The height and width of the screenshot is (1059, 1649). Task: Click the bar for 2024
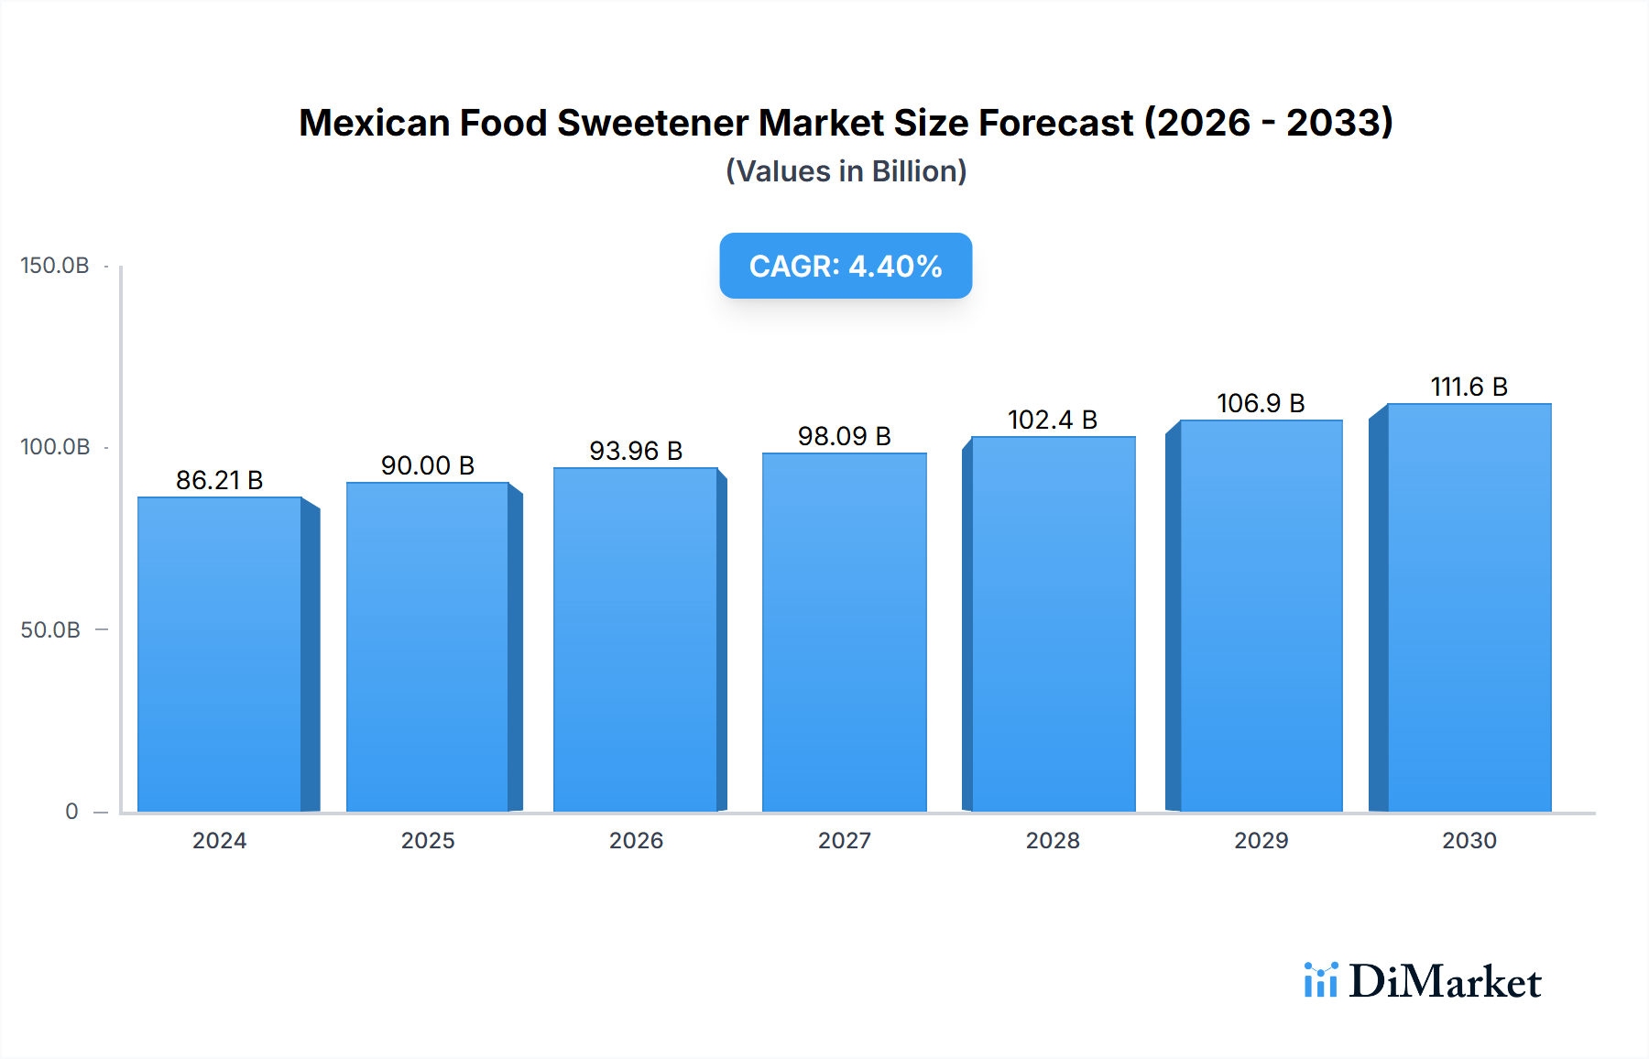click(220, 654)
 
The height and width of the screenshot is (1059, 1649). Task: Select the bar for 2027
click(844, 632)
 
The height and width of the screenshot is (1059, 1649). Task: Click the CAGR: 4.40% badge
click(846, 266)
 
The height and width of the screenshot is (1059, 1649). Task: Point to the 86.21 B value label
click(219, 480)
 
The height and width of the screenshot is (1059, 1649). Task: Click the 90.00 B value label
click(428, 465)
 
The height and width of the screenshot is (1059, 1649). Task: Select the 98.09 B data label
click(844, 436)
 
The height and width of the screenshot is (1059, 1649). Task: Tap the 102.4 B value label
click(1052, 420)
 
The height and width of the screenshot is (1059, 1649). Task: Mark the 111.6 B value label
click(1469, 387)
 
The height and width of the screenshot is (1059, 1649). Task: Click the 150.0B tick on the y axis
click(55, 266)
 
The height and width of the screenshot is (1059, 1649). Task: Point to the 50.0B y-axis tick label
click(50, 629)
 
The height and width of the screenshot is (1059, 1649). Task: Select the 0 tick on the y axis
click(71, 811)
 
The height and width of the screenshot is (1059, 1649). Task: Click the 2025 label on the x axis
click(428, 840)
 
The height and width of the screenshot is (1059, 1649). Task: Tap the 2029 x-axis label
click(1261, 840)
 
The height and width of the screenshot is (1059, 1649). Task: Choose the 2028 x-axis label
click(1053, 840)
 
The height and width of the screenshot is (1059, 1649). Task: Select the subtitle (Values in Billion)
click(846, 171)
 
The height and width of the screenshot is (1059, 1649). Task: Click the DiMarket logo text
click(1445, 982)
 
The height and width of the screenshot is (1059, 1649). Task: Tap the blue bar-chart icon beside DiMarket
click(1320, 980)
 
